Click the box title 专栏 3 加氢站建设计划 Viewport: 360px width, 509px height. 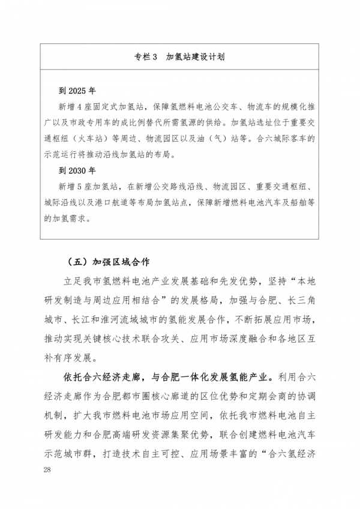click(x=180, y=57)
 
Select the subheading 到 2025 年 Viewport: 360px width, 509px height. click(x=77, y=92)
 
